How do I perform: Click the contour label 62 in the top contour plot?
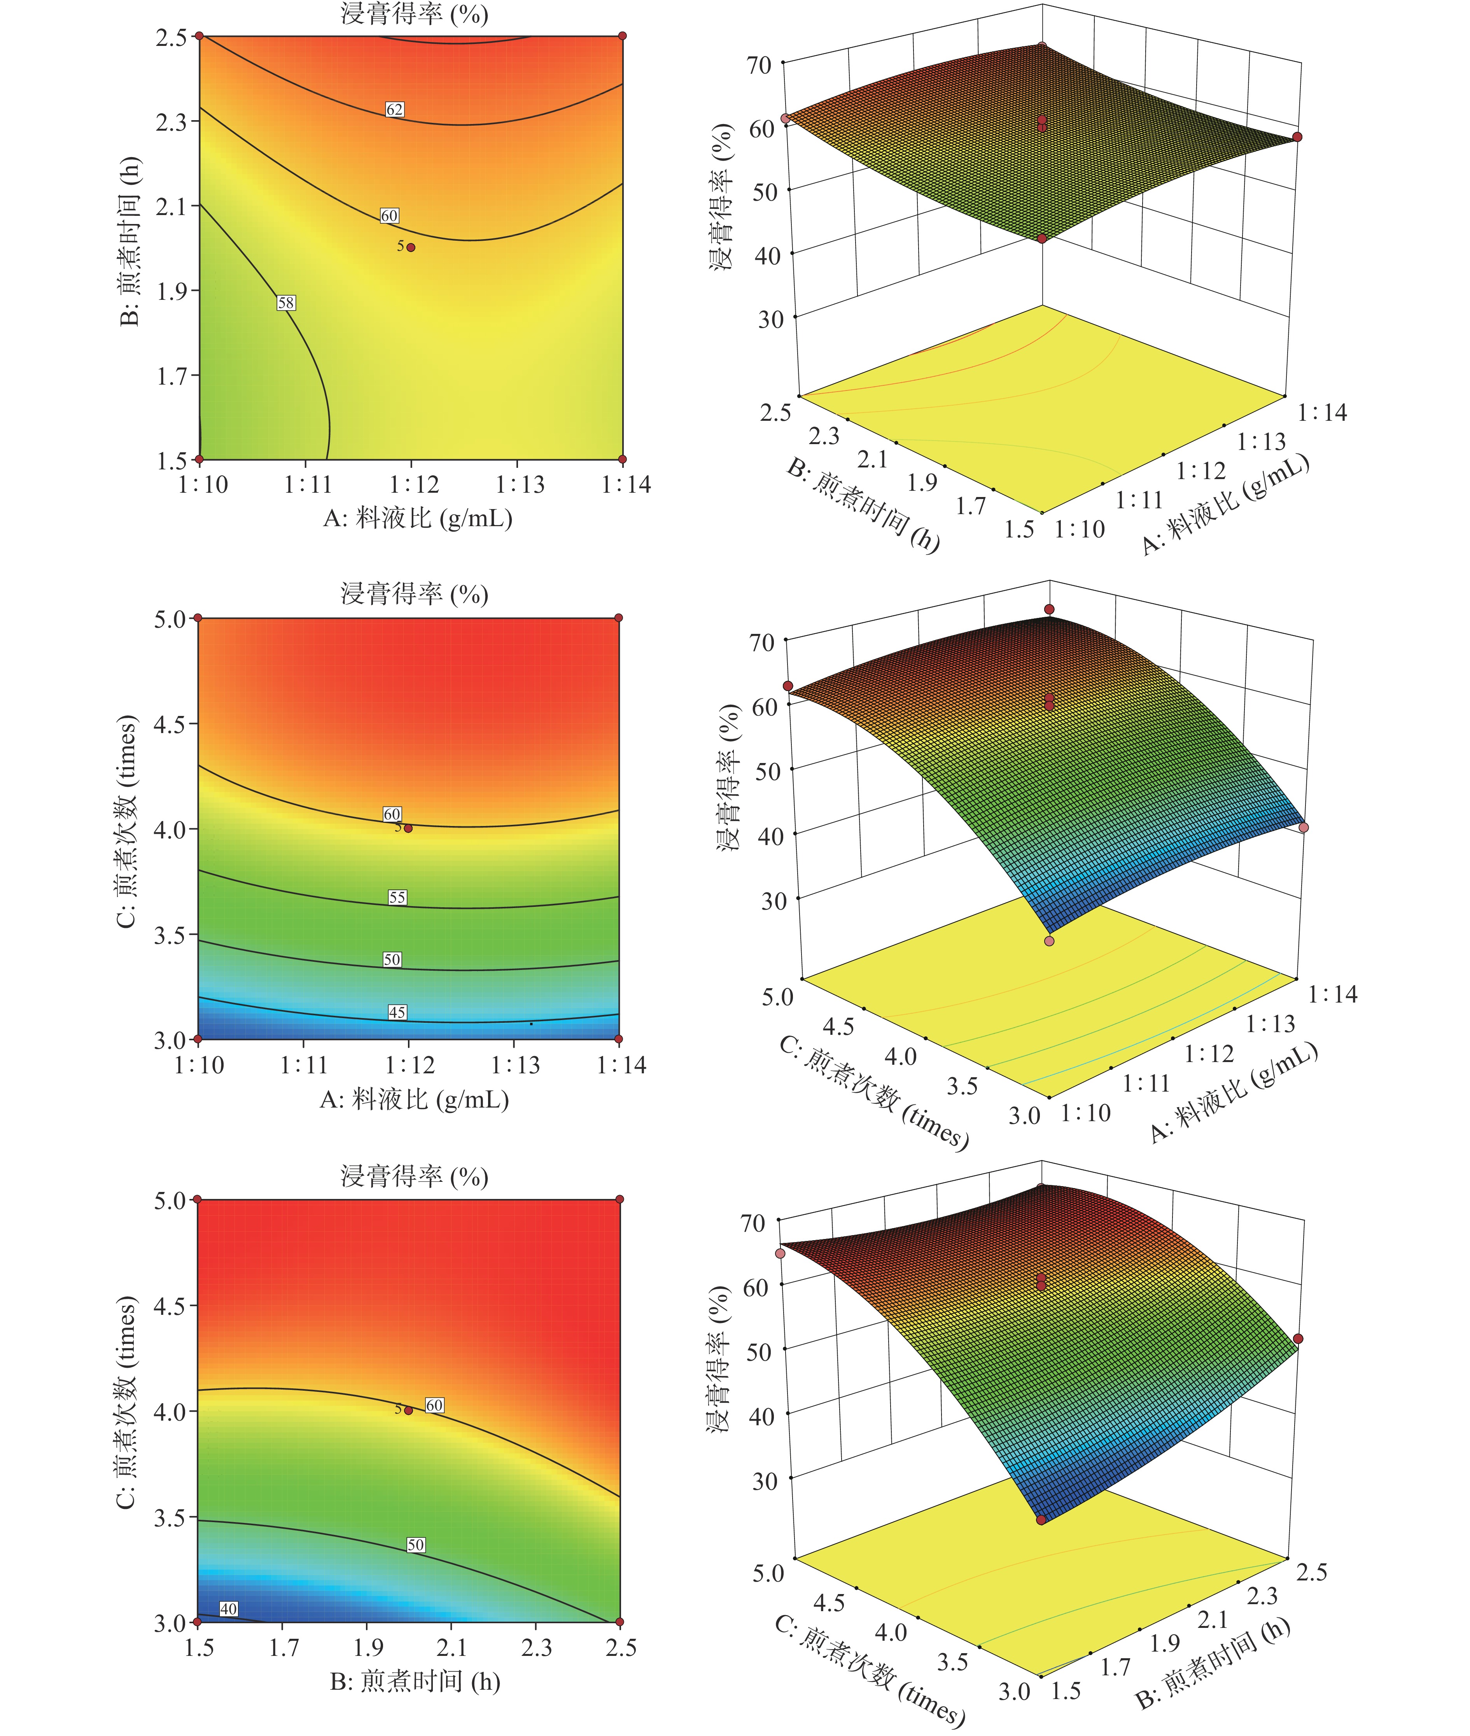394,109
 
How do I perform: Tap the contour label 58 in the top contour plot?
286,303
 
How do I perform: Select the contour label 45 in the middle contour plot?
397,1012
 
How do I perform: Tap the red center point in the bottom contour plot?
408,1410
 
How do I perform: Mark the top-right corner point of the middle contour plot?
618,618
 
